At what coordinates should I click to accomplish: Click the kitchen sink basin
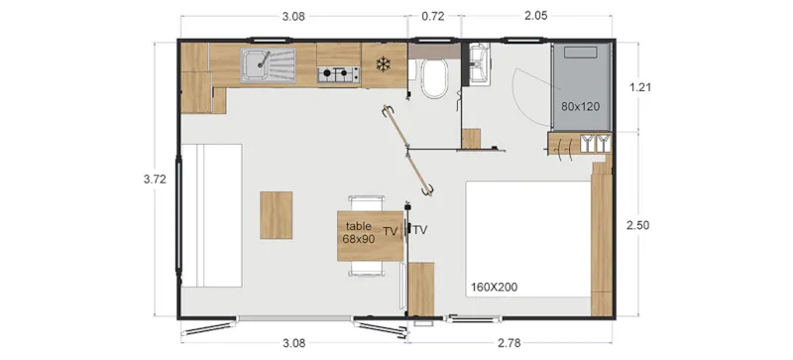pyautogui.click(x=259, y=64)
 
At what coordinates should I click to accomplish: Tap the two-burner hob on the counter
pyautogui.click(x=337, y=72)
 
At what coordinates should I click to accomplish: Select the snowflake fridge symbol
pyautogui.click(x=382, y=65)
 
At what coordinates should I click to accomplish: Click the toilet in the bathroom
pyautogui.click(x=434, y=77)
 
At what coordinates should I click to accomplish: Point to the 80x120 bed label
pyautogui.click(x=581, y=106)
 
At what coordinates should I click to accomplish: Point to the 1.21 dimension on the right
pyautogui.click(x=640, y=87)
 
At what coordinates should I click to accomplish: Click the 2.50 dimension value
pyautogui.click(x=640, y=226)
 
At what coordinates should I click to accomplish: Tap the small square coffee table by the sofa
pyautogui.click(x=277, y=214)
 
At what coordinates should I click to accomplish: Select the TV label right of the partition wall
pyautogui.click(x=420, y=230)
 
